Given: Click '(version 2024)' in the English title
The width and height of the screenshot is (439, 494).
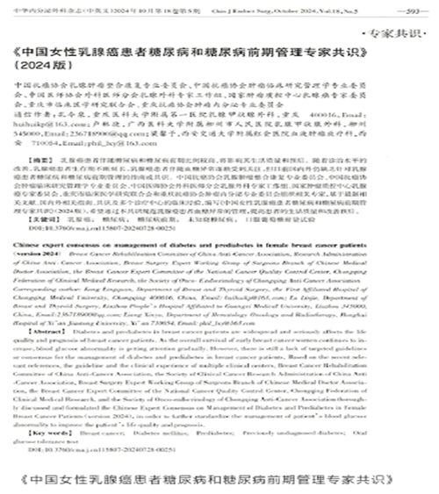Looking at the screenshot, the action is pyautogui.click(x=49, y=257).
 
